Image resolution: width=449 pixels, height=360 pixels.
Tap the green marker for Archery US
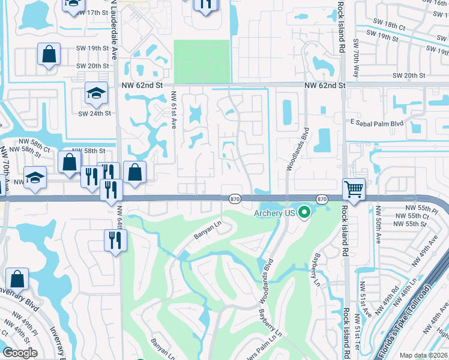tap(304, 212)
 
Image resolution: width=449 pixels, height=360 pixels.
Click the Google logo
tap(20, 353)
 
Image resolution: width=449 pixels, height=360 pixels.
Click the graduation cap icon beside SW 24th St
tap(95, 92)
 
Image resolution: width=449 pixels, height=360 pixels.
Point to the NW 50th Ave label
tap(379, 229)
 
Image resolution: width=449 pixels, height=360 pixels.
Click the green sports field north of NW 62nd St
tap(202, 61)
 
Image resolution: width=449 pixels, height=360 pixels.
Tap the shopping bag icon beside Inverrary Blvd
tap(17, 279)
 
